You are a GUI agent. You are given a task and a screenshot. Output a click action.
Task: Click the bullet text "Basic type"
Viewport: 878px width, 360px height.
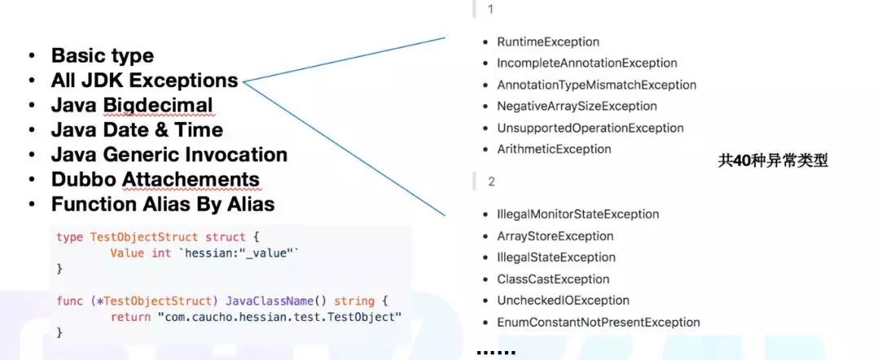coord(102,55)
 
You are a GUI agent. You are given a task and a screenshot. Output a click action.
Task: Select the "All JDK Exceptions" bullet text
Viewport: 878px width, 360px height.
coord(144,80)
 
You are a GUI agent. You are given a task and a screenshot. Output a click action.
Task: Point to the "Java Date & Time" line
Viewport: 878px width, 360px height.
coord(137,130)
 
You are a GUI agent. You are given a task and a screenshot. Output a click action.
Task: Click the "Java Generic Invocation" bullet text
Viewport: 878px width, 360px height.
coord(168,154)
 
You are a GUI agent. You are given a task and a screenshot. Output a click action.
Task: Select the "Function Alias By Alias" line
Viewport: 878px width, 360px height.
coord(163,204)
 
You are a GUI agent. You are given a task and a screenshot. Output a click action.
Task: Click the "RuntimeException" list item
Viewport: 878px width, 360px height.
coord(548,41)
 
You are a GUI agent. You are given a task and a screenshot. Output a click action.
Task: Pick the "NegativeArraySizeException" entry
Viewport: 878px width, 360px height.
coord(576,106)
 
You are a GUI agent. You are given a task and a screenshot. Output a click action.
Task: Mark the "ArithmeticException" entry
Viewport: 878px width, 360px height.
coord(554,149)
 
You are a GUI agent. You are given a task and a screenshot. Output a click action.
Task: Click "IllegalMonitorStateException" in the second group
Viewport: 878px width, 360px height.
coord(577,215)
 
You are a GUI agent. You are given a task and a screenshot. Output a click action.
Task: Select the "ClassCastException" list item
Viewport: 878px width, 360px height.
coord(553,279)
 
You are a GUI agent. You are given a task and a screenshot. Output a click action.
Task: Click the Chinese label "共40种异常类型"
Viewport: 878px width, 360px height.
coord(772,160)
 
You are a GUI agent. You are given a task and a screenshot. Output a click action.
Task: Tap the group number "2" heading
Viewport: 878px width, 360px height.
coord(491,181)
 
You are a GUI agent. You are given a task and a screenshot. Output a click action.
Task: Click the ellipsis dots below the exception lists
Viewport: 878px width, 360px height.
coord(496,351)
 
